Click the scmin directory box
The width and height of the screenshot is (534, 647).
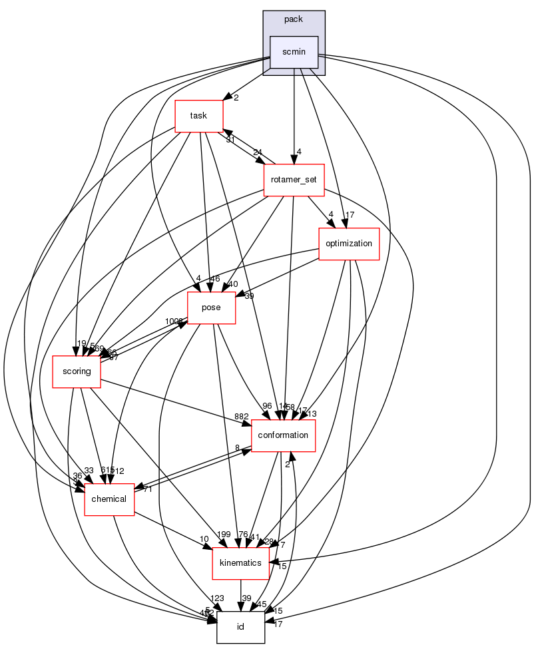coord(294,51)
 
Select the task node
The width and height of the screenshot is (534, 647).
coord(198,115)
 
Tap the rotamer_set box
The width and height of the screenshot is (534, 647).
coord(294,180)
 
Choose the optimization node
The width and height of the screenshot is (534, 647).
coord(349,243)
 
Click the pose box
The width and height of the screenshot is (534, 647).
coord(212,308)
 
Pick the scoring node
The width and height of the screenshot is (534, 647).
coord(77,371)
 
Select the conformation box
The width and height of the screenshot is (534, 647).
coord(283,435)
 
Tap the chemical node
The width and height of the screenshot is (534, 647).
coord(109,499)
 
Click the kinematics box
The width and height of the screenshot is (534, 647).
coord(241,563)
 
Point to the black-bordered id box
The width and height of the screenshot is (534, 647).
coord(241,628)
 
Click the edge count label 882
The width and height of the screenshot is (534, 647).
coord(241,416)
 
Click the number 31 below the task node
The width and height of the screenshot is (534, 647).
coord(230,139)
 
